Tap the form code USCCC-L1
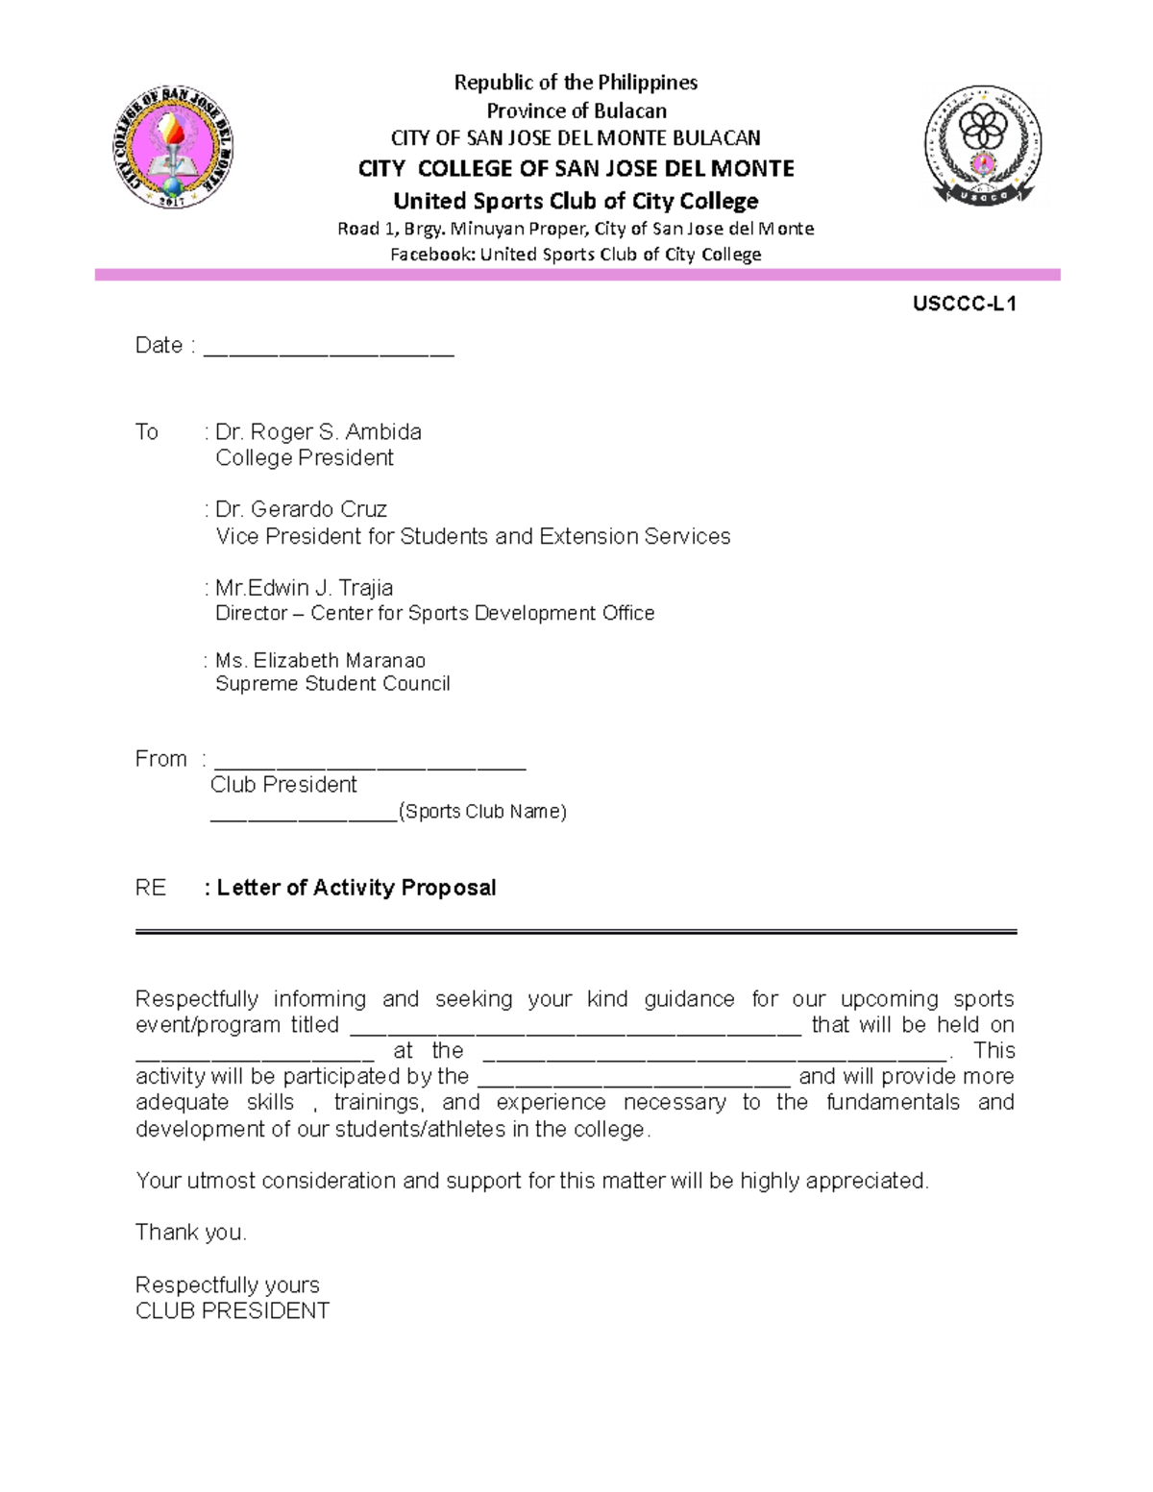point(965,305)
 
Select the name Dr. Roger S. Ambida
point(318,432)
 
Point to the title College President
point(305,458)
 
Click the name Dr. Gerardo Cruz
point(301,509)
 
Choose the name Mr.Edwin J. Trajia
point(304,588)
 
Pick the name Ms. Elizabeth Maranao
point(320,661)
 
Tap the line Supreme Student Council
point(332,684)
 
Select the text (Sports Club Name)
point(482,812)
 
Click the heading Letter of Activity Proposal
point(356,888)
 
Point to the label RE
point(151,888)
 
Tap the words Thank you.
point(191,1233)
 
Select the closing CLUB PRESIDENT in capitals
point(233,1311)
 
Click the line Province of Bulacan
point(576,110)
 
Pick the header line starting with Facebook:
point(576,255)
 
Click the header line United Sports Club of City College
point(576,201)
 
